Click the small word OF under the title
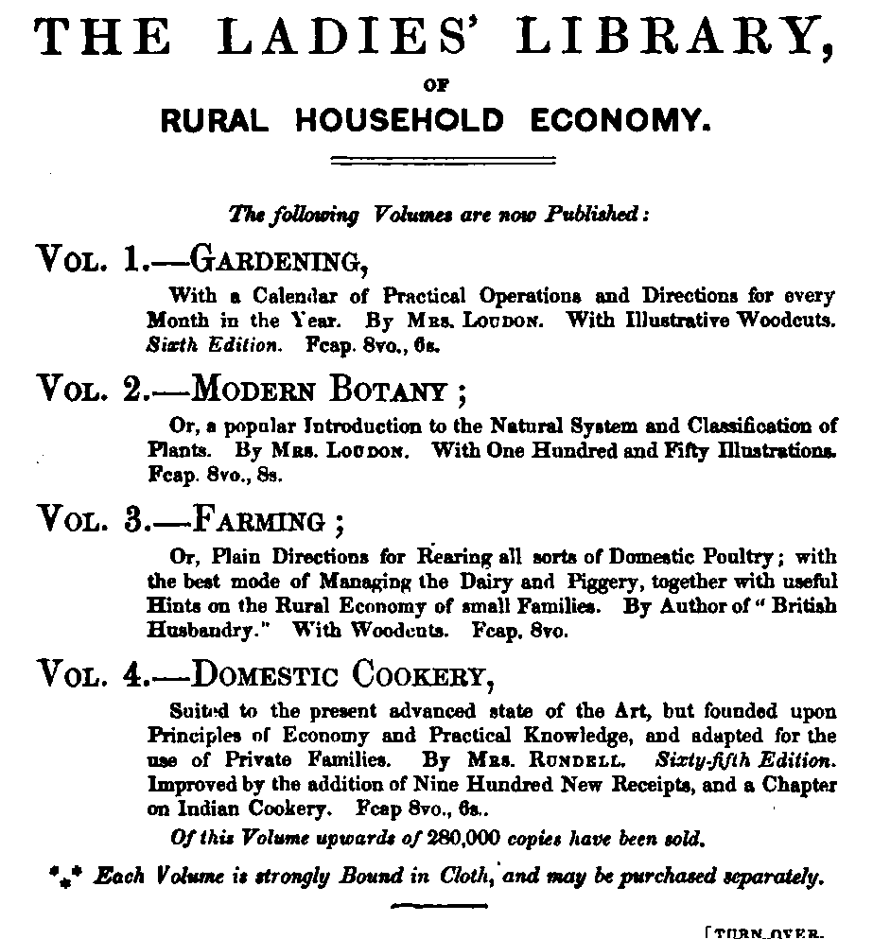coord(436,85)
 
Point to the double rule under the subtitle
coord(435,159)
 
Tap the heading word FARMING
coord(256,521)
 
